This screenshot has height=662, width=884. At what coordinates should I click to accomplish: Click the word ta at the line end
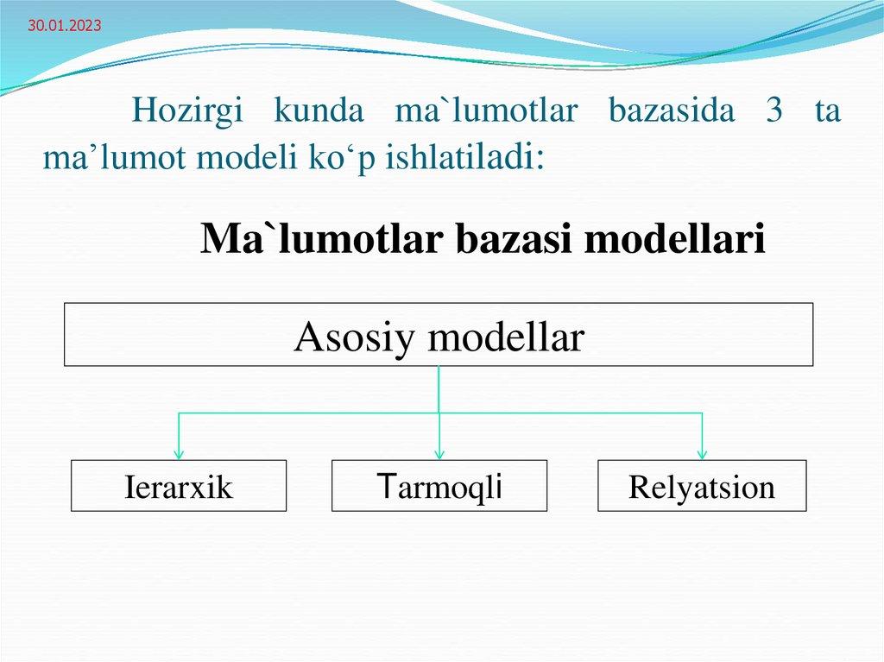coord(827,112)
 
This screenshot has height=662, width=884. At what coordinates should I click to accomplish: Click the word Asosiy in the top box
coord(355,337)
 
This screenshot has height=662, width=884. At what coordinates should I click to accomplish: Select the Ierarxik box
coord(179,487)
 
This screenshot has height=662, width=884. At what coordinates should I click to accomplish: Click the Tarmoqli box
coord(439,487)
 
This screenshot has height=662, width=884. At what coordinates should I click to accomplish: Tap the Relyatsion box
coord(702,487)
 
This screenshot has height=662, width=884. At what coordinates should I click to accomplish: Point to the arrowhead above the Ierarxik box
coord(179,452)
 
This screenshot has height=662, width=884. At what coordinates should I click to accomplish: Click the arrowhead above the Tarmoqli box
coord(439,452)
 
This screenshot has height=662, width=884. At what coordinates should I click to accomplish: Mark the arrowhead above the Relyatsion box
coord(702,452)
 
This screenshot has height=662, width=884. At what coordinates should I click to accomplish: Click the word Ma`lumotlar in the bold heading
coord(322,239)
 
